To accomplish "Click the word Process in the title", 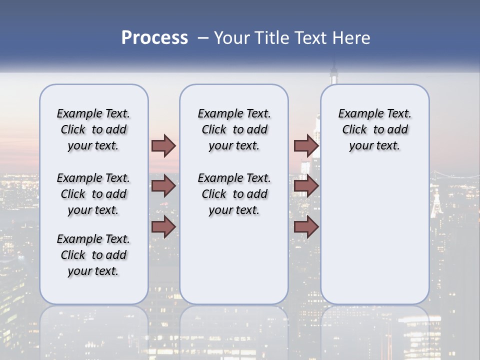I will tap(154, 38).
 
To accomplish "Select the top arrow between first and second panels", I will tap(163, 145).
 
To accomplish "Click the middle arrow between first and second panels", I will tap(163, 186).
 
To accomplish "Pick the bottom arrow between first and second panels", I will tap(163, 226).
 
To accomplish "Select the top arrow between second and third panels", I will tap(306, 145).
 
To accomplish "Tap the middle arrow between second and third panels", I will tap(306, 186).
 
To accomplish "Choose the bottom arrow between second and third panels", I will tap(306, 226).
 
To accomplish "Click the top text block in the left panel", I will tap(93, 129).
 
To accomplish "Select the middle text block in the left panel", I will tap(93, 194).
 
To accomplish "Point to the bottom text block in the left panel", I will tap(93, 255).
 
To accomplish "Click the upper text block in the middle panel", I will tap(234, 129).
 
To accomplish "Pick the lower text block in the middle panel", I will tap(234, 194).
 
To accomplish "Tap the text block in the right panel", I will tap(374, 129).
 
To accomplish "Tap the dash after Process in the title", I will tap(203, 38).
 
